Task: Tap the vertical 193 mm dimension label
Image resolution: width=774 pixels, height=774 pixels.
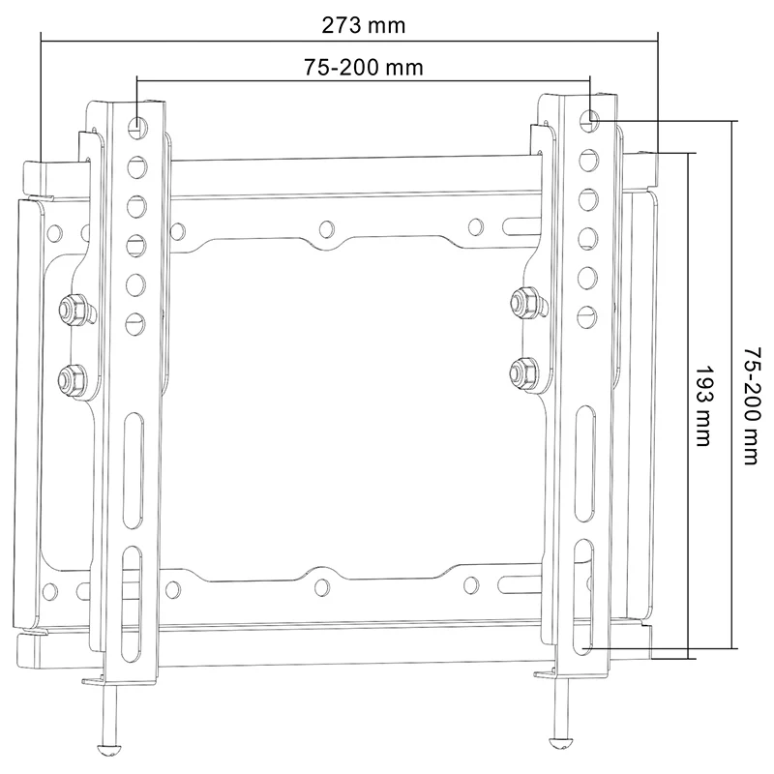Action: coord(703,405)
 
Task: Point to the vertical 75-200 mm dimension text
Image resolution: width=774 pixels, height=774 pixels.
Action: coord(750,405)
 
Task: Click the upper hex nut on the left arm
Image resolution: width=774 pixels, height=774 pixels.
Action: coord(71,309)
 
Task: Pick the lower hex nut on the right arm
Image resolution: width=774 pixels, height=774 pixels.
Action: coord(523,370)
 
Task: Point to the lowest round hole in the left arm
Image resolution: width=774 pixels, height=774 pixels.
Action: coord(134,319)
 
